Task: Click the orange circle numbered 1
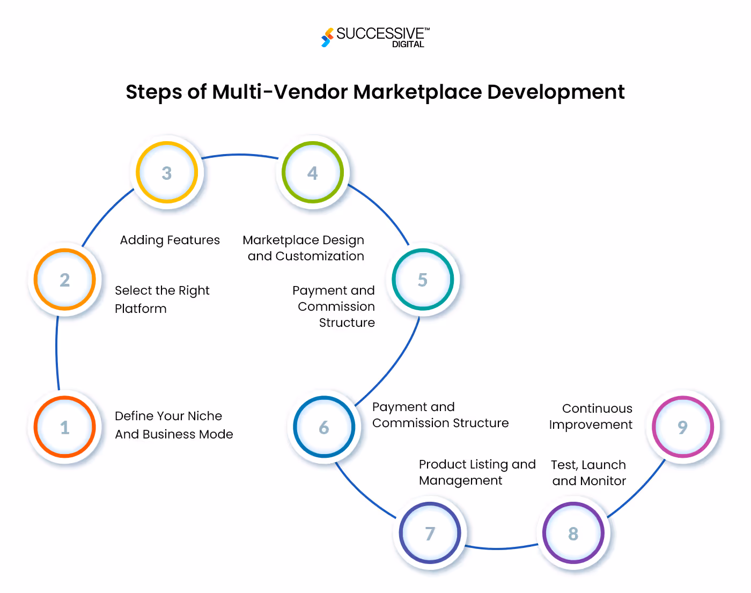[65, 427]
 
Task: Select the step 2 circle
[65, 280]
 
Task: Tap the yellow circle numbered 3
[167, 173]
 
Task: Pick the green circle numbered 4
[313, 173]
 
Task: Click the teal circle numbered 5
[423, 280]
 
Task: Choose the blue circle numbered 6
[324, 427]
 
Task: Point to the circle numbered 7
[430, 533]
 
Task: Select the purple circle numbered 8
[573, 533]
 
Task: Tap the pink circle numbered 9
[682, 427]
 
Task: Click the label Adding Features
[170, 240]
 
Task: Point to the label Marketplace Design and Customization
[304, 248]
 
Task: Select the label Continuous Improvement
[591, 416]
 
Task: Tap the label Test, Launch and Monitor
[588, 473]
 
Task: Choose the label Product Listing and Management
[476, 472]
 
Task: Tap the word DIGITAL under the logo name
[408, 45]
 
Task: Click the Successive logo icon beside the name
[327, 37]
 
